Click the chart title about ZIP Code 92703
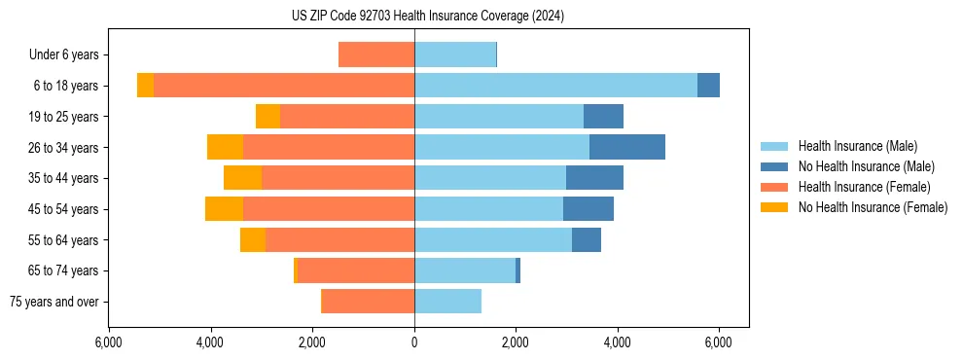click(428, 17)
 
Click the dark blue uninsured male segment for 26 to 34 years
click(627, 147)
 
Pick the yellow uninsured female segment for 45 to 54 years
click(224, 209)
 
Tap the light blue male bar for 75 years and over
click(447, 302)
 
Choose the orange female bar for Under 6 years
click(376, 55)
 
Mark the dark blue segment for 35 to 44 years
click(594, 178)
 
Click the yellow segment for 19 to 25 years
click(267, 117)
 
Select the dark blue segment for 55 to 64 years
click(587, 239)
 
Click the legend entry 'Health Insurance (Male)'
click(857, 147)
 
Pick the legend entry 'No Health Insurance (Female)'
click(873, 207)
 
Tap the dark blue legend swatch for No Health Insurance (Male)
click(774, 167)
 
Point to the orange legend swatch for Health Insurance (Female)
click(774, 187)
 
